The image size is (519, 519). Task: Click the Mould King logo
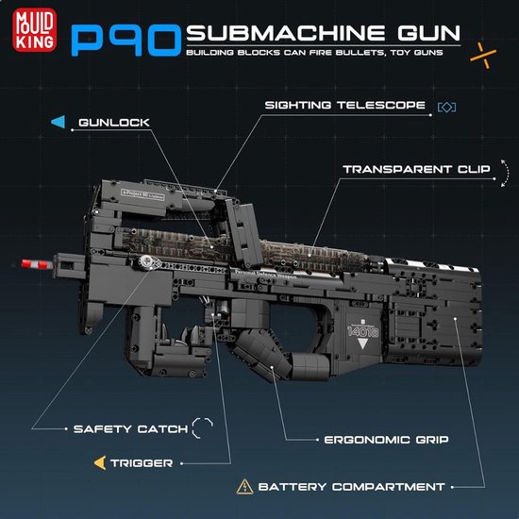[34, 30]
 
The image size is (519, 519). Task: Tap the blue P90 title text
[126, 41]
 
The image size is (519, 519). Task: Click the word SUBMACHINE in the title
[286, 33]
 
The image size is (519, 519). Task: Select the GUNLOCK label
[114, 123]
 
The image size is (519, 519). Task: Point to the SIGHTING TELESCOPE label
[344, 106]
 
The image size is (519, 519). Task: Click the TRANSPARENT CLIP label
[416, 169]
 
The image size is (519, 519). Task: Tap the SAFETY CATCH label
[130, 429]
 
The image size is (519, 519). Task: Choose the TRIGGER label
[142, 463]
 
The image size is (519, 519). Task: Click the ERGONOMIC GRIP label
[386, 440]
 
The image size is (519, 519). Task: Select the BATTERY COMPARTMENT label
[351, 487]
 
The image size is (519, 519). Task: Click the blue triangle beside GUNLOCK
[59, 122]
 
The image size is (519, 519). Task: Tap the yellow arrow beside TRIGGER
[100, 462]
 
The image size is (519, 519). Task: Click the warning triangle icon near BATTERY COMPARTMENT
[245, 487]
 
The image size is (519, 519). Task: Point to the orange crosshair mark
[483, 56]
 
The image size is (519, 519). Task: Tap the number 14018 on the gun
[362, 331]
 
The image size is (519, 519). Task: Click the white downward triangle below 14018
[362, 343]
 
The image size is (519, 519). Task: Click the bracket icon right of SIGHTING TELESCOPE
[447, 107]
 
